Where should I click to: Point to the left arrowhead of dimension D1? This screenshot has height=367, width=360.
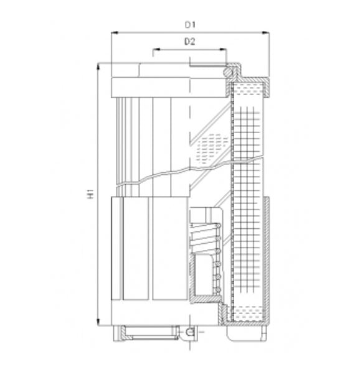(x=114, y=33)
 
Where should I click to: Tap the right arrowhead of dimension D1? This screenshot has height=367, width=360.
(x=266, y=33)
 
